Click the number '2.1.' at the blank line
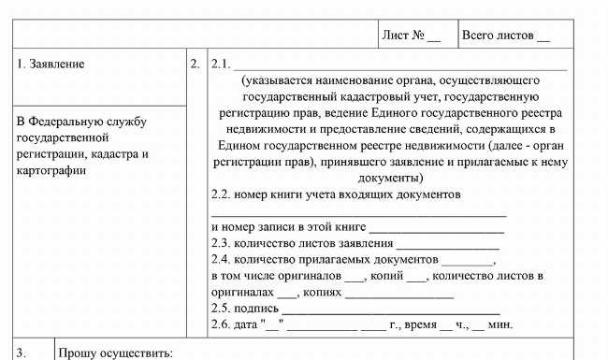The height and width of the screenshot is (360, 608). (x=222, y=65)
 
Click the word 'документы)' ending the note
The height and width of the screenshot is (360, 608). (x=391, y=177)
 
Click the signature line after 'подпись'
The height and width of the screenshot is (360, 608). (x=390, y=308)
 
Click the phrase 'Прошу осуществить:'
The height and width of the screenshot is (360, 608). (x=116, y=353)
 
